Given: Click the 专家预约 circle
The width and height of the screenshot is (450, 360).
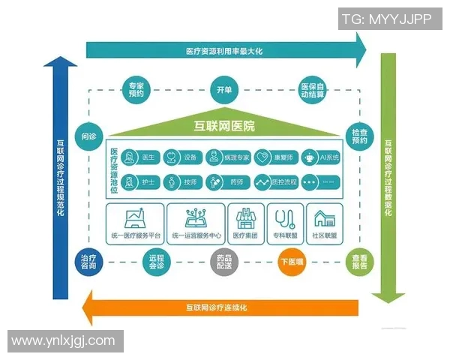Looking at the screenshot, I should click(136, 90).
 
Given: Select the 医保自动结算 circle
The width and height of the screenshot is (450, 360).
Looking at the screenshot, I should click(312, 90).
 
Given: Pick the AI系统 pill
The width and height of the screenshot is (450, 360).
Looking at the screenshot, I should click(322, 157).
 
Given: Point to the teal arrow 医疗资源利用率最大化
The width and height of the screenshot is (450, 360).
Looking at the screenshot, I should click(225, 51).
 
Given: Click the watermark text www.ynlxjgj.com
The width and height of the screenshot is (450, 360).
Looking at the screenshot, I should click(63, 340).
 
